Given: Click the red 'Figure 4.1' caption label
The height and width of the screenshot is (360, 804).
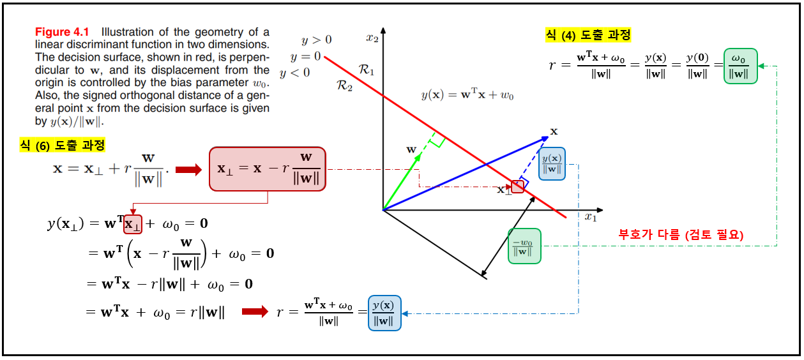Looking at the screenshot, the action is tap(62, 32).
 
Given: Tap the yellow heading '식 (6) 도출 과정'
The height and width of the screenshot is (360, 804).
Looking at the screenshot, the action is tap(62, 146).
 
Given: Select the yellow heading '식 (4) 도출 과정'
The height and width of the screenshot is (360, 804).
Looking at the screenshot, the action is tap(588, 35).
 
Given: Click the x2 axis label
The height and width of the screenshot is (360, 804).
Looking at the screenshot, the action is tap(372, 38).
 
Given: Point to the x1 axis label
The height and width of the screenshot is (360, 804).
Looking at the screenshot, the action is tap(591, 217).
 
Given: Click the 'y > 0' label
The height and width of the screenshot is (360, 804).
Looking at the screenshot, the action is tap(316, 40).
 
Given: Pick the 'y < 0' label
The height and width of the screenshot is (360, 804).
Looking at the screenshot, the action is tap(294, 73).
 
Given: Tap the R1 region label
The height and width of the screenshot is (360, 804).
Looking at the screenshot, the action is tap(367, 70).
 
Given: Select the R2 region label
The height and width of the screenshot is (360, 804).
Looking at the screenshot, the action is tap(344, 86).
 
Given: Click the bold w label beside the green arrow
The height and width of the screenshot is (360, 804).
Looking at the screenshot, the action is tap(411, 149).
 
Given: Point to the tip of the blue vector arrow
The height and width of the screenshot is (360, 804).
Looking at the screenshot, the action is tap(548, 137).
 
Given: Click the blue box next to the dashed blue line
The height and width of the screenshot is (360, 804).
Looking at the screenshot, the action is tap(552, 163).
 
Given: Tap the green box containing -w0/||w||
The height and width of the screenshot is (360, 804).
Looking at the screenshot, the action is tap(524, 246).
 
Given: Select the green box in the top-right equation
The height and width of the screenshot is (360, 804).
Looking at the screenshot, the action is tap(741, 66).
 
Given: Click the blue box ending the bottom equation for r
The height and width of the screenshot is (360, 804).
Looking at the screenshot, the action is tap(384, 313).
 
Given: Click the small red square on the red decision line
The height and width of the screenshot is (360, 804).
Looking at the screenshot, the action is tap(517, 186).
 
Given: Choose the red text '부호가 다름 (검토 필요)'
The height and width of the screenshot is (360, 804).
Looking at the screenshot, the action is tap(681, 235).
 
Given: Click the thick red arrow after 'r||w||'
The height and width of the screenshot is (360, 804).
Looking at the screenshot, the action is tap(255, 311).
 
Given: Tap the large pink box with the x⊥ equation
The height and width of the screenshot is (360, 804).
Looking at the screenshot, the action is tap(268, 169).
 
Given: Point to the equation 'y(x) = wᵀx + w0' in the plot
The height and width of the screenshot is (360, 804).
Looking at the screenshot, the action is tap(467, 94).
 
